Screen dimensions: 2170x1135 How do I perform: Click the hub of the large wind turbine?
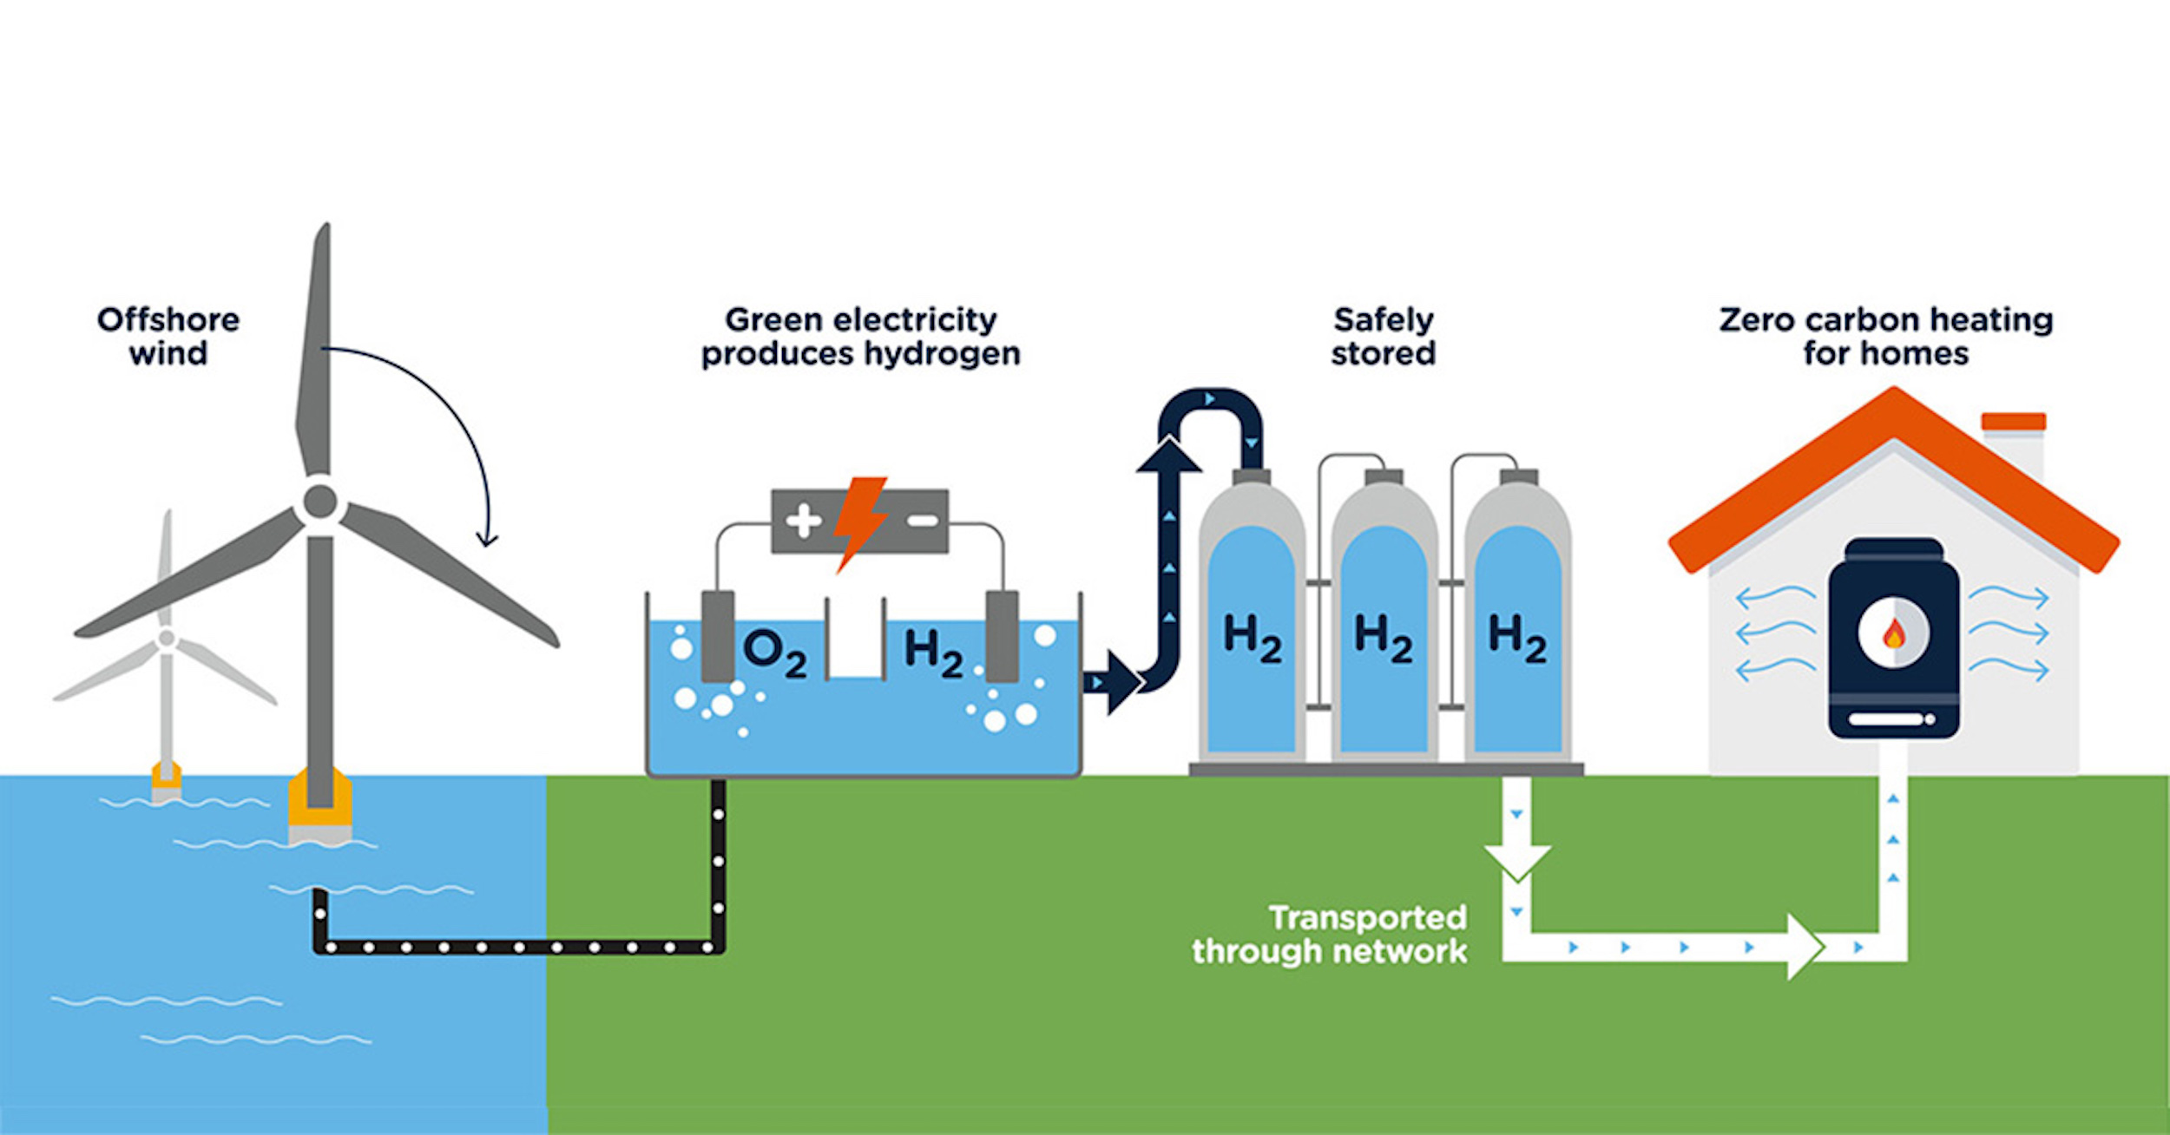click(319, 502)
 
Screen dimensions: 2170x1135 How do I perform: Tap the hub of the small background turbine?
click(167, 640)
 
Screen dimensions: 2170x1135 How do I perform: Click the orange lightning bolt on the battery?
click(860, 524)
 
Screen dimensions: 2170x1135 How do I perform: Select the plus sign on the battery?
click(803, 521)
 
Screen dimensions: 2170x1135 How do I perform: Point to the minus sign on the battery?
click(922, 521)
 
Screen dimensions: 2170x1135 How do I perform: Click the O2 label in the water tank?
click(775, 653)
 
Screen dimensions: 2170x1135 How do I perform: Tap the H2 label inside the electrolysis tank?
click(933, 653)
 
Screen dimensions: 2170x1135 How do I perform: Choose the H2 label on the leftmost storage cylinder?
click(1252, 639)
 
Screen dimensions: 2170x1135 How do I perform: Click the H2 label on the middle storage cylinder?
click(1384, 639)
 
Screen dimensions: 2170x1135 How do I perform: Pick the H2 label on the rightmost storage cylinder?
click(1517, 639)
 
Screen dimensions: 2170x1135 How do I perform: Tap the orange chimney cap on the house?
click(2014, 422)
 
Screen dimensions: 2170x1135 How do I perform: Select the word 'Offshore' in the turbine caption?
click(168, 320)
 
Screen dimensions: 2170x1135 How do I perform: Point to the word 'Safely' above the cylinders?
click(1384, 321)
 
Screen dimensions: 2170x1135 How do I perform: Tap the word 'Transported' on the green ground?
click(1368, 918)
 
